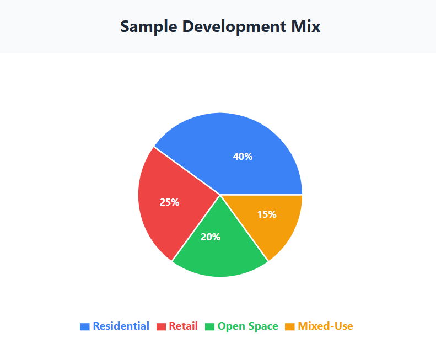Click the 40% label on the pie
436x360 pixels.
tap(243, 157)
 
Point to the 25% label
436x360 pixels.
tap(169, 202)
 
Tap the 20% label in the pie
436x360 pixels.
tap(211, 237)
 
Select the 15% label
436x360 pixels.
tap(267, 214)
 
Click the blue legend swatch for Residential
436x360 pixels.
tap(85, 326)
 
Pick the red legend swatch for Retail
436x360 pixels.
tap(161, 326)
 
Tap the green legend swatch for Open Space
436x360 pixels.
tap(209, 326)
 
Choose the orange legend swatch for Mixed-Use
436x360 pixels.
tap(290, 326)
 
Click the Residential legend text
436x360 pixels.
tap(121, 326)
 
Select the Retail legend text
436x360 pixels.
tap(183, 326)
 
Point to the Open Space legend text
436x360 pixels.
tap(247, 326)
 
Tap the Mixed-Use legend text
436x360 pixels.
tap(325, 326)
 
